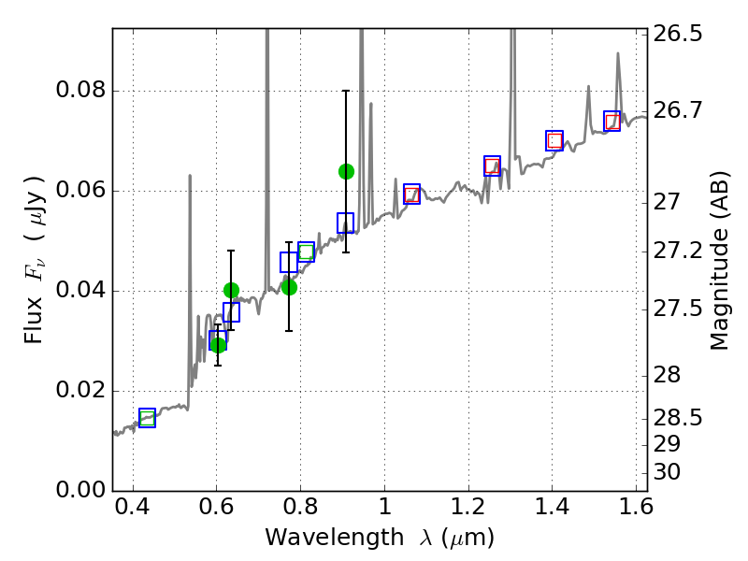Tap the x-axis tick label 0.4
click(133, 511)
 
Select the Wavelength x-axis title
click(380, 538)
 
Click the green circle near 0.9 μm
click(346, 171)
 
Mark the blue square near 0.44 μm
click(147, 418)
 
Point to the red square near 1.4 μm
click(554, 140)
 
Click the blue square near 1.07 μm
click(411, 194)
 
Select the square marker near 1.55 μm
click(612, 122)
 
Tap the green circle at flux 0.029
click(218, 345)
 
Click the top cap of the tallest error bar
click(346, 91)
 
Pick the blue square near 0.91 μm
click(345, 223)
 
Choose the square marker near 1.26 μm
click(492, 165)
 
